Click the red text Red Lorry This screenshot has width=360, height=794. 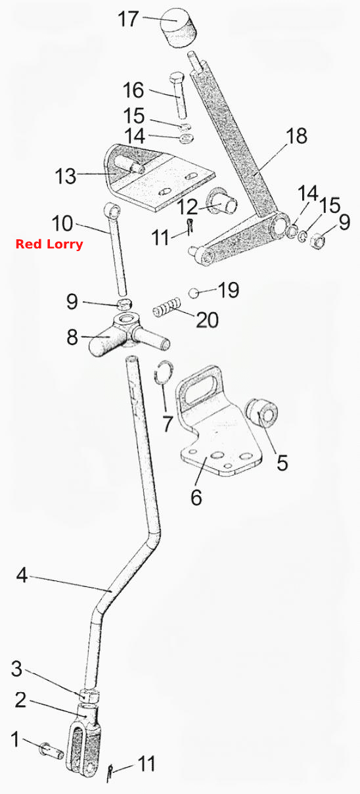click(49, 245)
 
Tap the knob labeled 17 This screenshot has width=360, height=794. click(179, 28)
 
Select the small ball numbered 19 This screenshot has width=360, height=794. click(193, 293)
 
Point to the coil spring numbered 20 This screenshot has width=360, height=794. click(168, 308)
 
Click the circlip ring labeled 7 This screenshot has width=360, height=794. click(164, 372)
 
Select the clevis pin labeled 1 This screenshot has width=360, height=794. click(52, 749)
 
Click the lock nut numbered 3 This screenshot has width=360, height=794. click(89, 695)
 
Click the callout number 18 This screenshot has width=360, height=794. click(296, 136)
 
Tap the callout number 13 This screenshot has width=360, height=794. click(66, 175)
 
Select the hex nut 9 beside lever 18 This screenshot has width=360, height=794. click(316, 242)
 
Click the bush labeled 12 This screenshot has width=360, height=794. click(222, 202)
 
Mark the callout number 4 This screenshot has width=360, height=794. click(22, 575)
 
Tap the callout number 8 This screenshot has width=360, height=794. click(72, 337)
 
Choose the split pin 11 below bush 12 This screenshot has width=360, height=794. click(190, 227)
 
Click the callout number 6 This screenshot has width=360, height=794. click(196, 497)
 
